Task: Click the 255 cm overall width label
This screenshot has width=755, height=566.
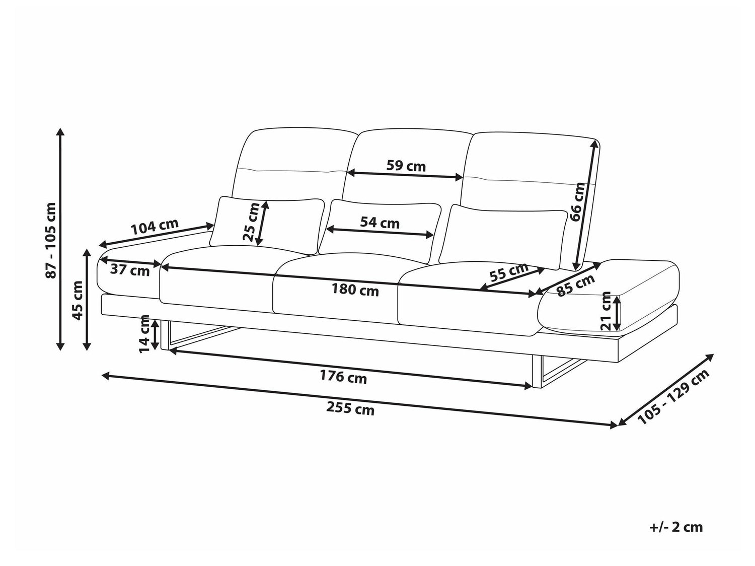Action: coord(350,409)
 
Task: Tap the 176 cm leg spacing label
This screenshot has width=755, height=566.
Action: coord(343,377)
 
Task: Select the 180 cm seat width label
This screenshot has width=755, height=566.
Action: coord(355,290)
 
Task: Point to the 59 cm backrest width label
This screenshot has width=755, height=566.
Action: coord(406,166)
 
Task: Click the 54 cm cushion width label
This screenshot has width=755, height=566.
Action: coord(380,223)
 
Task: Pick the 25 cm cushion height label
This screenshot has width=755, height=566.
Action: coord(251,222)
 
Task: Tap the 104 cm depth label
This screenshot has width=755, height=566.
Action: coord(155,227)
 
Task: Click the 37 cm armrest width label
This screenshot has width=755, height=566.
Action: coord(130,270)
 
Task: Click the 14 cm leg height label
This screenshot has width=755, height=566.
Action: coord(144,334)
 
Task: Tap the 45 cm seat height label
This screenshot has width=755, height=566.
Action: coord(78,301)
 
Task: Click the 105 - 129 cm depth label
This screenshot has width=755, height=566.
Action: coord(673,397)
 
